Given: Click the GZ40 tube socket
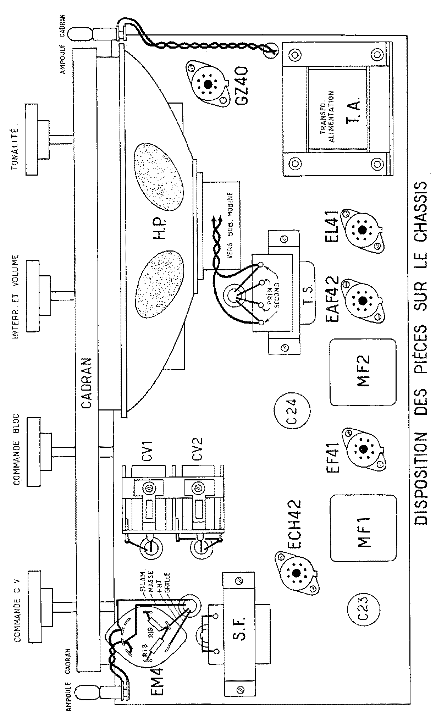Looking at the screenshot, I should (x=207, y=84).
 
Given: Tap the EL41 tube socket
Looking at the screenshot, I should (x=362, y=230).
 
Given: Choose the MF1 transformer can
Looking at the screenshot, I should (x=363, y=528).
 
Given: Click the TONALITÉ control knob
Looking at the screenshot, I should (x=36, y=139).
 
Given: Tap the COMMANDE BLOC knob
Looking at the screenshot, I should (x=36, y=451).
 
